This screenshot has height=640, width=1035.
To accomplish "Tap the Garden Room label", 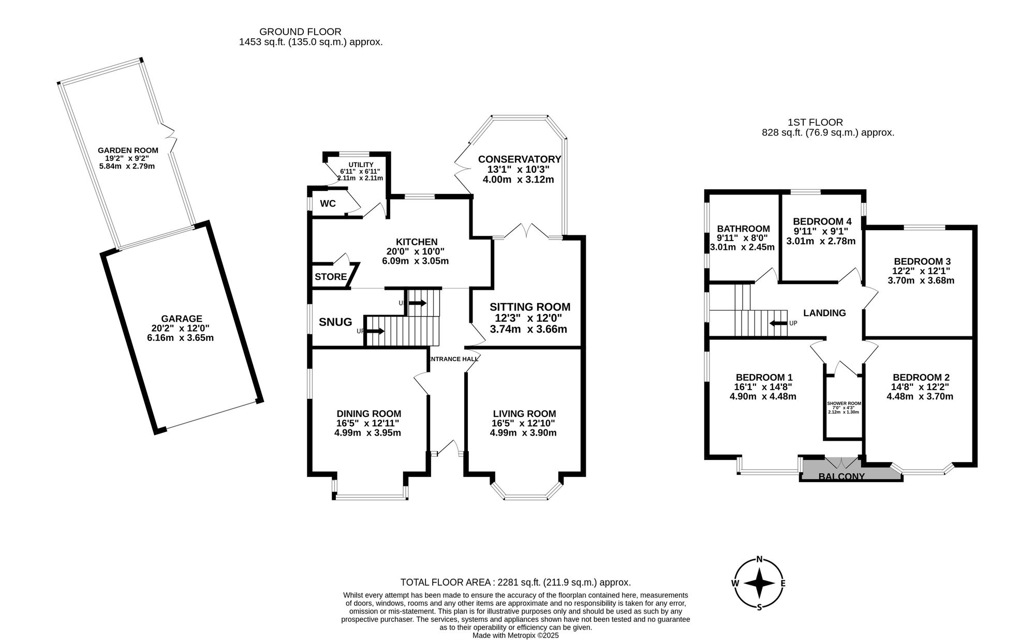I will tap(128, 151).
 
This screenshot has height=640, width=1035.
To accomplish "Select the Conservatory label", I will tap(519, 159).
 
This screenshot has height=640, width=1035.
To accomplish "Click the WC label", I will tap(328, 203).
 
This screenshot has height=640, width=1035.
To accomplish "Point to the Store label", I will tap(331, 277).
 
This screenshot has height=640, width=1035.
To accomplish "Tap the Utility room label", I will tap(361, 165).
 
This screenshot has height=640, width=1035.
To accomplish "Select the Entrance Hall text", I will tap(453, 359).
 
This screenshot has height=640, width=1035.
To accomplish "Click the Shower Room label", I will tap(844, 404).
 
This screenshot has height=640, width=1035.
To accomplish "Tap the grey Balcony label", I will tap(841, 477).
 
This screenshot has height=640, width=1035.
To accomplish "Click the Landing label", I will tap(824, 312).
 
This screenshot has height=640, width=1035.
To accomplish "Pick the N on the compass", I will tap(759, 559).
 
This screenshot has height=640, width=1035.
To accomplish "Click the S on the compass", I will tap(759, 607).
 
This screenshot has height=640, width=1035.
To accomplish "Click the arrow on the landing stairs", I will tap(778, 323).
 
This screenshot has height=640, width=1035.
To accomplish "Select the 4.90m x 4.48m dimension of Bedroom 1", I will tap(763, 397).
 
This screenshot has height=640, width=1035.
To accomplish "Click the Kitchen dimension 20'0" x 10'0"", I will tap(416, 251).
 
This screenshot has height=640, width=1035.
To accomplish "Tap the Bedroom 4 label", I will tap(822, 221).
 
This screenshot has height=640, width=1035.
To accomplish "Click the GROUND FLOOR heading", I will tap(300, 32).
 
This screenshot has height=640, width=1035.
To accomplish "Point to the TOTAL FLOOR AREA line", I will tap(515, 582).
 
